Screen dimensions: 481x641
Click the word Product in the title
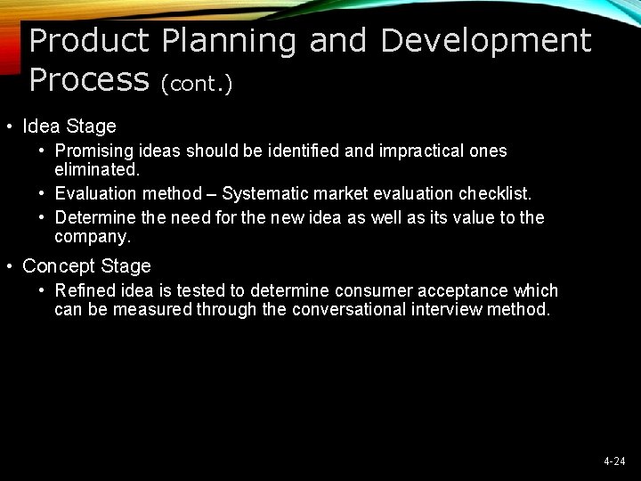pos(88,41)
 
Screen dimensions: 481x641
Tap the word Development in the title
pos(486,41)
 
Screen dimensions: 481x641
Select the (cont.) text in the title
pos(197,83)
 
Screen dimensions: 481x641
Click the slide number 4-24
pos(614,461)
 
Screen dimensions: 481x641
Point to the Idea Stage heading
pos(69,126)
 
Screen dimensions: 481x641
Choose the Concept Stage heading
pos(86,265)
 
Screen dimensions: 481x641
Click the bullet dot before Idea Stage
pos(8,126)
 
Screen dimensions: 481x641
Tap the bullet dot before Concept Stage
pos(8,265)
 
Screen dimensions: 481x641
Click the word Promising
pos(93,151)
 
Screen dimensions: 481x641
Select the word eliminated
pos(95,167)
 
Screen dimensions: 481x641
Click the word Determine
pos(91,218)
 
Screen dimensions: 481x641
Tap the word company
pos(92,236)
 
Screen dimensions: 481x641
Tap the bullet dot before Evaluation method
pos(42,193)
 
